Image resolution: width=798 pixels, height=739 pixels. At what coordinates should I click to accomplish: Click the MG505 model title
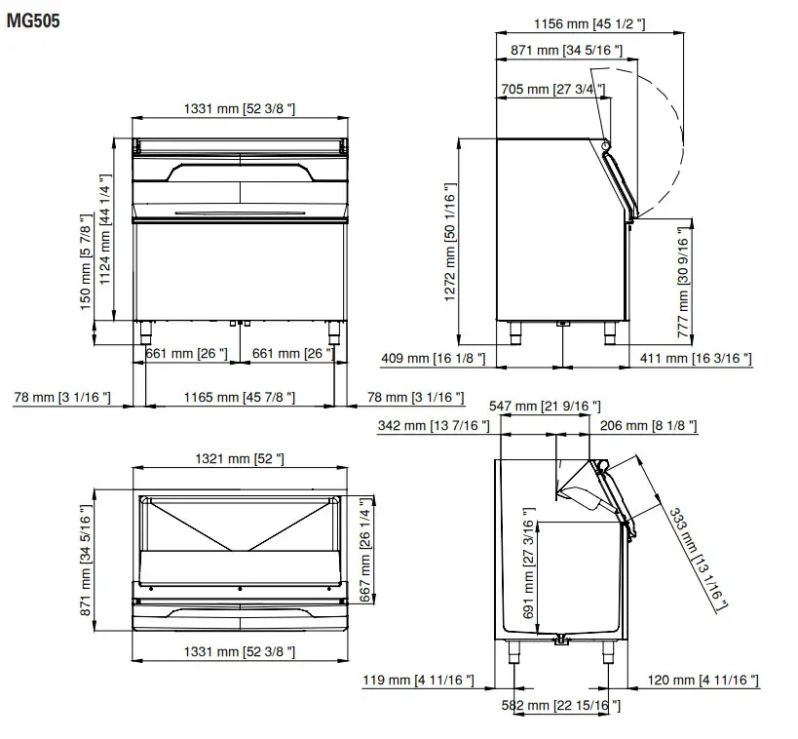click(33, 20)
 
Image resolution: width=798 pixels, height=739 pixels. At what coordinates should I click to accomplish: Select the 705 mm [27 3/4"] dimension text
click(551, 90)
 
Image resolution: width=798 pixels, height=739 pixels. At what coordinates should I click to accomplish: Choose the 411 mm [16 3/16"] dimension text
click(696, 359)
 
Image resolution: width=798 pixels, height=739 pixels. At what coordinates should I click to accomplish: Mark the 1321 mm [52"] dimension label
click(240, 458)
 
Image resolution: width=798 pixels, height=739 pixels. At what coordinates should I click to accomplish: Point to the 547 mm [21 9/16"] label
click(545, 406)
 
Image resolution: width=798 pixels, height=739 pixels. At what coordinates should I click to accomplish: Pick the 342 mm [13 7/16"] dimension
click(433, 426)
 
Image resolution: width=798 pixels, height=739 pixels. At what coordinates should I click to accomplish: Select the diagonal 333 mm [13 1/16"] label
click(698, 559)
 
